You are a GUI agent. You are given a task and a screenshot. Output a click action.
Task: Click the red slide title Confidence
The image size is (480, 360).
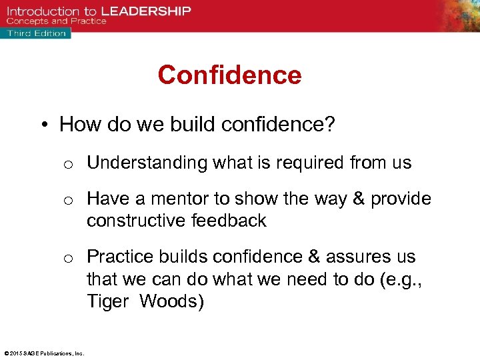tap(229, 75)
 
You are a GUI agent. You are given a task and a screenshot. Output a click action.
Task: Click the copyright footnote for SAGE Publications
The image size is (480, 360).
tap(43, 353)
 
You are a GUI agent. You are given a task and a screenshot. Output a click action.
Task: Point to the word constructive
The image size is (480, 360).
tap(137, 221)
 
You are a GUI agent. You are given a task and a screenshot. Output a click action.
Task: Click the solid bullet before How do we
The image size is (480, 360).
tap(45, 125)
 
